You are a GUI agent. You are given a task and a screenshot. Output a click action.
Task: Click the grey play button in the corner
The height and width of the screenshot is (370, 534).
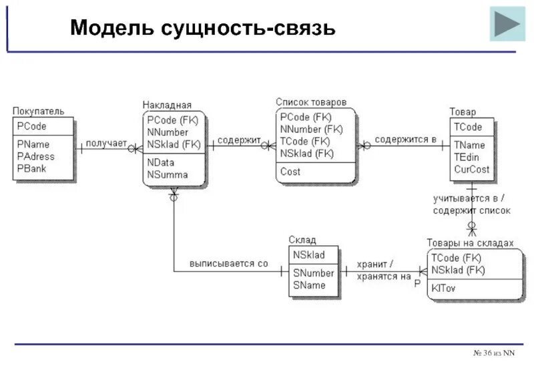pyautogui.click(x=507, y=24)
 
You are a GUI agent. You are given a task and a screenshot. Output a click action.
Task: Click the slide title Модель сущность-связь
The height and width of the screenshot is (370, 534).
pyautogui.click(x=202, y=28)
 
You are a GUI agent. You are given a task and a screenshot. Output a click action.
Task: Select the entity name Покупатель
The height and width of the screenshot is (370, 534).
pyautogui.click(x=39, y=111)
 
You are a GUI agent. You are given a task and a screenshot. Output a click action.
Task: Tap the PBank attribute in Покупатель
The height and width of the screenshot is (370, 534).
pyautogui.click(x=32, y=168)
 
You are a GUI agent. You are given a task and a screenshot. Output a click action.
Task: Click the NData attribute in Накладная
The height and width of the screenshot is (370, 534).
pyautogui.click(x=162, y=163)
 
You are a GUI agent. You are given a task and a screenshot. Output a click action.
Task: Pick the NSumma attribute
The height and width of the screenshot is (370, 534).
pyautogui.click(x=168, y=175)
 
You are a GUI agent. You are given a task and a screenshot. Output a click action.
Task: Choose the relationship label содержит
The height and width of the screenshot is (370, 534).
pyautogui.click(x=238, y=140)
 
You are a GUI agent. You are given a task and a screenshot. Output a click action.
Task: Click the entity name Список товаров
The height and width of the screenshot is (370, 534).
pyautogui.click(x=311, y=102)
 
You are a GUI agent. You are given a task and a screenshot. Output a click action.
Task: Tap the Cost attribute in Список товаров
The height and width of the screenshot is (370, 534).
pyautogui.click(x=290, y=172)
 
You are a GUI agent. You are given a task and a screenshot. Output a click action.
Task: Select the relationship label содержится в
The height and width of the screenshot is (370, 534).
pyautogui.click(x=405, y=140)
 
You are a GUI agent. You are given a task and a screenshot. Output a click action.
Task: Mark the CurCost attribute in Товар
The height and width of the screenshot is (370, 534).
pyautogui.click(x=472, y=169)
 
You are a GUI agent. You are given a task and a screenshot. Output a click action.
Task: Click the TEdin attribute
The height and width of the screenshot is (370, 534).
pyautogui.click(x=469, y=157)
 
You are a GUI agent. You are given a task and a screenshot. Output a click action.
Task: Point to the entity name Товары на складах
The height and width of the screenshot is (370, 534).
pyautogui.click(x=470, y=243)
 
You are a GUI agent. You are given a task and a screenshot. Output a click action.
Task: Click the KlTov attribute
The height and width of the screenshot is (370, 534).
pyautogui.click(x=444, y=289)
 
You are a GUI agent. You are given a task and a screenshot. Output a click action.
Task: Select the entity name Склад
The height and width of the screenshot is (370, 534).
pyautogui.click(x=302, y=240)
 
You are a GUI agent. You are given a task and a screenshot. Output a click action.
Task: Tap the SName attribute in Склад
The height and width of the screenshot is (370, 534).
pyautogui.click(x=308, y=285)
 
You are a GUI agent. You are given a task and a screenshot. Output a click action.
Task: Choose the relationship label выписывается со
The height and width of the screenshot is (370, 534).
pyautogui.click(x=228, y=264)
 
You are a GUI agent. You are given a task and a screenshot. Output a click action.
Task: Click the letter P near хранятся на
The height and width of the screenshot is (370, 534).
pyautogui.click(x=417, y=284)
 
